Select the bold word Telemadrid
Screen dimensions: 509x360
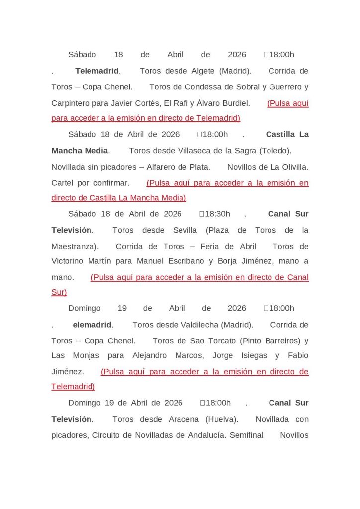(x=97, y=71)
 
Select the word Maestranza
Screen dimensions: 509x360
(x=74, y=246)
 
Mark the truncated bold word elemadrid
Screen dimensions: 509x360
(x=92, y=325)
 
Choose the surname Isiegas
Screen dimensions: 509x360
(x=254, y=356)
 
